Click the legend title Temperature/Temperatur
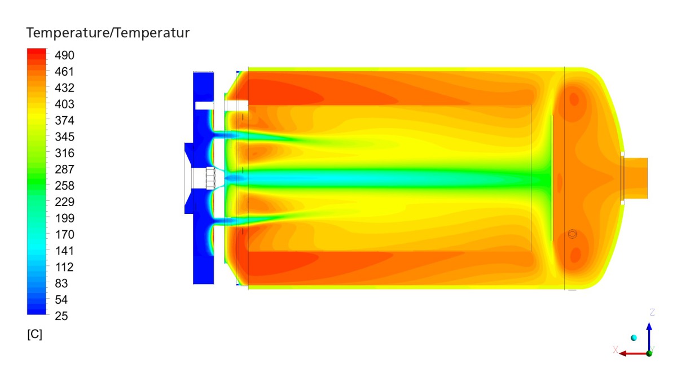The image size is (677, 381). pos(108,33)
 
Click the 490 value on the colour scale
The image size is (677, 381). pos(65,55)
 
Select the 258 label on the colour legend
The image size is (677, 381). pos(65,186)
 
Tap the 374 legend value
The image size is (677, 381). pos(65,121)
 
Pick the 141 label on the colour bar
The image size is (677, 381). pos(65,251)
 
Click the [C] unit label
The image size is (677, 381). pos(34,334)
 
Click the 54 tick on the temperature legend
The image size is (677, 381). pos(61,300)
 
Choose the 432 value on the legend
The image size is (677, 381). pos(65,88)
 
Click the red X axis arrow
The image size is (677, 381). pos(626,353)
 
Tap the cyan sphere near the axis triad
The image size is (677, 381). pos(634,338)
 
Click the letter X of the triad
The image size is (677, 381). pos(616,350)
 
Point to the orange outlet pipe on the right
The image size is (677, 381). pos(636,178)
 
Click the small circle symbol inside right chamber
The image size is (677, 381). pos(573,234)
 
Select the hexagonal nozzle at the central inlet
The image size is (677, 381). pos(211,178)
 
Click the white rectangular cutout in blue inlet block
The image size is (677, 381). pos(203,105)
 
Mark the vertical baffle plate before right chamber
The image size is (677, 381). pos(551,178)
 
